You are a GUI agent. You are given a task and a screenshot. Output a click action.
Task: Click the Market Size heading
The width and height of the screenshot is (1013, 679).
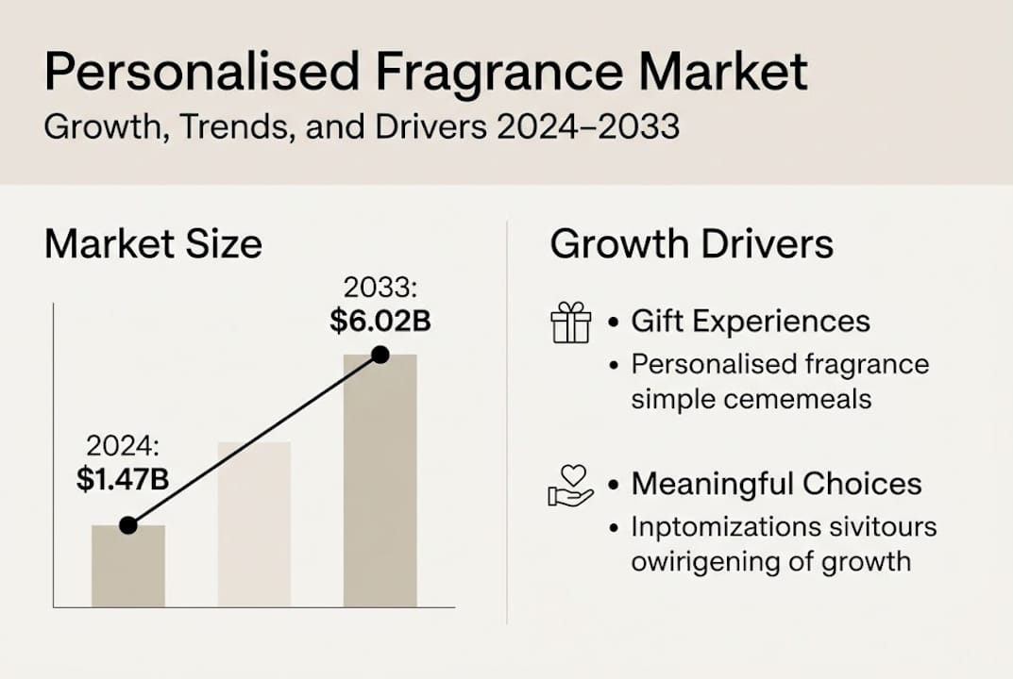point(153,244)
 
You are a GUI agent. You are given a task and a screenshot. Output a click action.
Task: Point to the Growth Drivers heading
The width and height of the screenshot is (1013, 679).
point(691,244)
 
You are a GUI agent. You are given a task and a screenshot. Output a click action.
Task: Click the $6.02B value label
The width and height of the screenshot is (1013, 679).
point(380,322)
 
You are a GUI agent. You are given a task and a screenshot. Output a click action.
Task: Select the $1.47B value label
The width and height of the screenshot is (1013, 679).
point(123,479)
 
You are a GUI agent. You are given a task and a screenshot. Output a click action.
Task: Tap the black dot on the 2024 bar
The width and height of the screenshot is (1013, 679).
point(128,525)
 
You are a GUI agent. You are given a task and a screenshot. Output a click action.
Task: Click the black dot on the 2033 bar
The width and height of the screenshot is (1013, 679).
point(380,355)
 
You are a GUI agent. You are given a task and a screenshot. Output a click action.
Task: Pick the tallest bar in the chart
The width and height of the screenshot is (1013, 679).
point(380,481)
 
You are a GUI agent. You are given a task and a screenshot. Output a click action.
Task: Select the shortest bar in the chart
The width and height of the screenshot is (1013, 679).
point(128,566)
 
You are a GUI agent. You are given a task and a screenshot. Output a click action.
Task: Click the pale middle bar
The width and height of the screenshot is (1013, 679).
point(254,524)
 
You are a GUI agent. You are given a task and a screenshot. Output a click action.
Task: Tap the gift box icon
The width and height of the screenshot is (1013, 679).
point(570,323)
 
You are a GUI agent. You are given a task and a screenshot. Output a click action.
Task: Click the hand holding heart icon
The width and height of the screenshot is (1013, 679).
point(570,486)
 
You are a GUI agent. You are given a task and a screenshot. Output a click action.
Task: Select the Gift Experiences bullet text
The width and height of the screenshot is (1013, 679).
point(751,322)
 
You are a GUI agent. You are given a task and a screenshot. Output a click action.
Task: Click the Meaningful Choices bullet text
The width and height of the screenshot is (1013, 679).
point(776,484)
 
